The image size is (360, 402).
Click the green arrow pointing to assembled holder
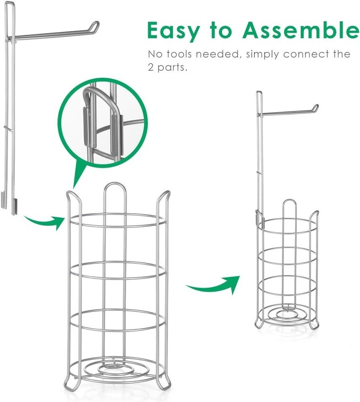213,285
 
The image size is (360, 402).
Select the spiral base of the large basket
117,369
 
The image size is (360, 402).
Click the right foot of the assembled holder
314,324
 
